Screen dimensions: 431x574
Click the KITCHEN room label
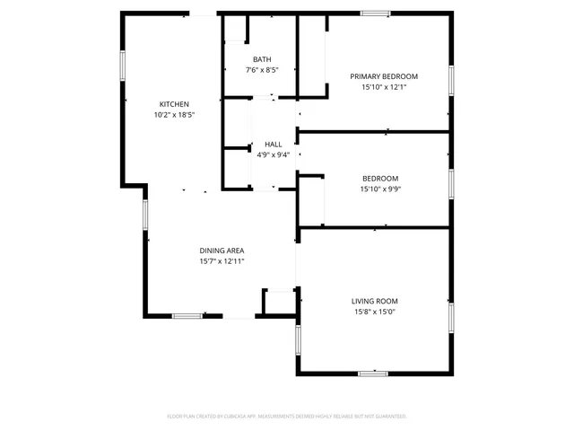[174, 104]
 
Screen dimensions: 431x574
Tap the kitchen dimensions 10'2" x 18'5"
[174, 115]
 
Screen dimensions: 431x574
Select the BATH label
[261, 59]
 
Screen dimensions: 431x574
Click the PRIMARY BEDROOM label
[384, 77]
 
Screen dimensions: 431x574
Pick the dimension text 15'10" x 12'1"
[384, 88]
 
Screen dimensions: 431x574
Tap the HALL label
[273, 144]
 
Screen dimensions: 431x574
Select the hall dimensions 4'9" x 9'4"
[273, 154]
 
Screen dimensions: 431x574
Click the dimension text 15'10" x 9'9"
[380, 189]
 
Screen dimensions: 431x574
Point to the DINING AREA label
[222, 251]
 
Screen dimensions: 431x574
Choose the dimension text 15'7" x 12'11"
[222, 261]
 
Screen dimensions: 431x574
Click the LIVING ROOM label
[374, 301]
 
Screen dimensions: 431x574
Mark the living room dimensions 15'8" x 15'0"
[374, 312]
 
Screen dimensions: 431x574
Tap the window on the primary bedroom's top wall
[375, 13]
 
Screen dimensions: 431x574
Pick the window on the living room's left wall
[298, 341]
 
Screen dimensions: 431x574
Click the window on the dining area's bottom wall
[186, 315]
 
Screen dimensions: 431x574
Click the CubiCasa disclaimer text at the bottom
[287, 416]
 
